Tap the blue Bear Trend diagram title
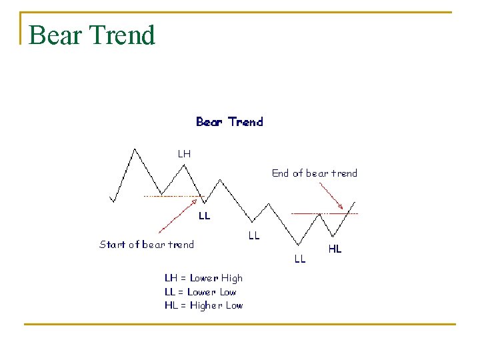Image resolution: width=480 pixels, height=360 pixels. pyautogui.click(x=229, y=122)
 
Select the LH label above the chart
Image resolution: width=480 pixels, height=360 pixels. pyautogui.click(x=184, y=153)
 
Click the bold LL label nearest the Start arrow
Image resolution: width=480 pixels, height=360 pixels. pyautogui.click(x=205, y=216)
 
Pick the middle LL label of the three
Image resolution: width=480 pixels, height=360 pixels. pyautogui.click(x=254, y=235)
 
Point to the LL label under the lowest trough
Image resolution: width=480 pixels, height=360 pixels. pyautogui.click(x=300, y=259)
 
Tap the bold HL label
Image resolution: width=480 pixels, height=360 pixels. pyautogui.click(x=335, y=249)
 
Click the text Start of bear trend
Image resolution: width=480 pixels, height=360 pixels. pyautogui.click(x=147, y=245)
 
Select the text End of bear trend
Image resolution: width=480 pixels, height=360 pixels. pyautogui.click(x=314, y=173)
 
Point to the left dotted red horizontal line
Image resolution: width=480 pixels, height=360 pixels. pyautogui.click(x=172, y=197)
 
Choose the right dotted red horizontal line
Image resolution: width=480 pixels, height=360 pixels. pyautogui.click(x=325, y=213)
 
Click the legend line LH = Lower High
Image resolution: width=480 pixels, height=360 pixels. pyautogui.click(x=203, y=278)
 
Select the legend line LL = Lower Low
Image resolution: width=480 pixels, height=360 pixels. pyautogui.click(x=200, y=292)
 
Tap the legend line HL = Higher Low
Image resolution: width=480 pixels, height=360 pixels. pyautogui.click(x=203, y=305)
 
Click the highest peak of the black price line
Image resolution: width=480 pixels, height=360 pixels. pyautogui.click(x=135, y=149)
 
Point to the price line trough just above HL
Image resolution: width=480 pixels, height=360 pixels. pyautogui.click(x=333, y=235)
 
